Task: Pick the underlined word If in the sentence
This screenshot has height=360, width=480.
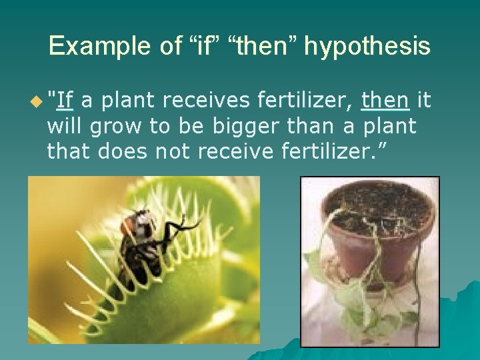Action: [x=65, y=101]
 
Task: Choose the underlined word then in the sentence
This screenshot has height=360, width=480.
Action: [x=385, y=101]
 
